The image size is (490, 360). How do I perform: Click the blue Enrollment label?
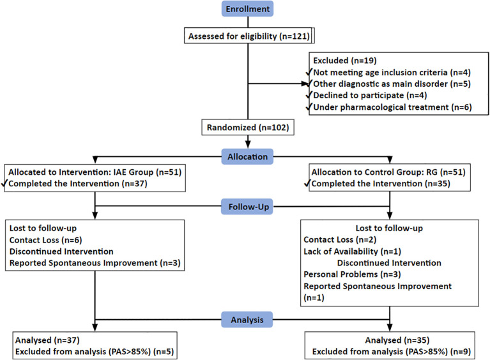[x=247, y=9]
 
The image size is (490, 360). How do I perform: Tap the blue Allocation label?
[x=247, y=156]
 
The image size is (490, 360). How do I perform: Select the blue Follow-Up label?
[x=247, y=206]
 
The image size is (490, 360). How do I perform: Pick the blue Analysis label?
[x=247, y=319]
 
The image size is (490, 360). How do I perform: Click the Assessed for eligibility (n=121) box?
[x=249, y=36]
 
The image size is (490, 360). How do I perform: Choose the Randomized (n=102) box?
[x=248, y=127]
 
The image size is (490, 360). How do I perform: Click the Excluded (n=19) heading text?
[x=345, y=60]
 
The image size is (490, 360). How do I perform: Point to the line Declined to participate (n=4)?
[x=370, y=95]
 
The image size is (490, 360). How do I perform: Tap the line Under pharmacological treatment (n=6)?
[x=392, y=107]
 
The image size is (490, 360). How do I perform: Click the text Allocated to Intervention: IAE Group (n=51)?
[x=95, y=172]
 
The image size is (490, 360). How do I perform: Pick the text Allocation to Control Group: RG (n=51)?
[x=388, y=172]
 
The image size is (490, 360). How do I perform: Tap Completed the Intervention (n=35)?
[x=381, y=184]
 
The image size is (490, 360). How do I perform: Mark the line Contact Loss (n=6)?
[x=45, y=240]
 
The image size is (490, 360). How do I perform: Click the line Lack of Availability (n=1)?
[x=352, y=251]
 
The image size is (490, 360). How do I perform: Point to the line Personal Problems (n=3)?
[x=352, y=274]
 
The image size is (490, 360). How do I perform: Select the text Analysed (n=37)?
[x=47, y=340]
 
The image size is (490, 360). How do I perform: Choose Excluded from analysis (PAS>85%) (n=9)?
[x=392, y=352]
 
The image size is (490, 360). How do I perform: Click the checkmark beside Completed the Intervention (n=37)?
[x=4, y=183]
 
